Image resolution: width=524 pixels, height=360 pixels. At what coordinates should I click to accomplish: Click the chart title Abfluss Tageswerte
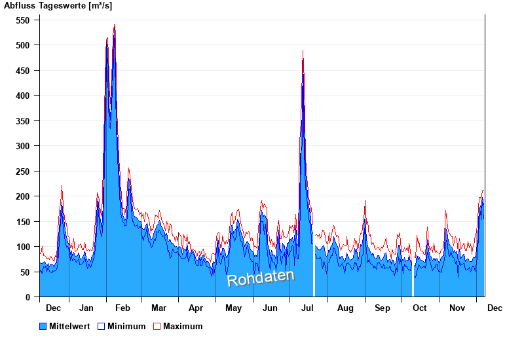click(x=58, y=6)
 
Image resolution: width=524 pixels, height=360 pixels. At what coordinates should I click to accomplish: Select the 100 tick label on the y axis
click(x=24, y=247)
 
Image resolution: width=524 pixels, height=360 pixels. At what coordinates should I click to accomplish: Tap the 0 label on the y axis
click(x=28, y=297)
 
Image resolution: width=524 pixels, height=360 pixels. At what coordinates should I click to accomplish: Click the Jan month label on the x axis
click(x=86, y=308)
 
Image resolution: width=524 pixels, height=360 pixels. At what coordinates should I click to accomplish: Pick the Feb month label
click(x=122, y=308)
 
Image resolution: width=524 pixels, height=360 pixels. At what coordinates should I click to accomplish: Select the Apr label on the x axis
click(x=196, y=308)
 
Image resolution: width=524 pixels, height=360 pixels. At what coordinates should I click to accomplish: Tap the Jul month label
click(x=307, y=308)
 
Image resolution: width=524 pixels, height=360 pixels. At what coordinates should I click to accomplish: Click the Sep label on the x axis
click(x=383, y=308)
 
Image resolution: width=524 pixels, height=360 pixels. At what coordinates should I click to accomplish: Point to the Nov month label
click(x=457, y=308)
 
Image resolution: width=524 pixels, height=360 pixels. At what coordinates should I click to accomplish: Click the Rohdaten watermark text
click(x=261, y=278)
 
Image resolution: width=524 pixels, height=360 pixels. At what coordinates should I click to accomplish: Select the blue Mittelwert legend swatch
click(x=43, y=326)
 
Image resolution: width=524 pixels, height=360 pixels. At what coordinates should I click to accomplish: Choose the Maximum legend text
click(x=183, y=326)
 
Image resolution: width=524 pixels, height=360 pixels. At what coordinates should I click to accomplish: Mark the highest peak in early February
click(x=115, y=26)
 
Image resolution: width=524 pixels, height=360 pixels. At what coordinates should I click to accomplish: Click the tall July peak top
click(x=303, y=52)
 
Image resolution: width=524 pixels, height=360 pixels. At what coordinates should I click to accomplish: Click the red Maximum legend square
click(x=157, y=326)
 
